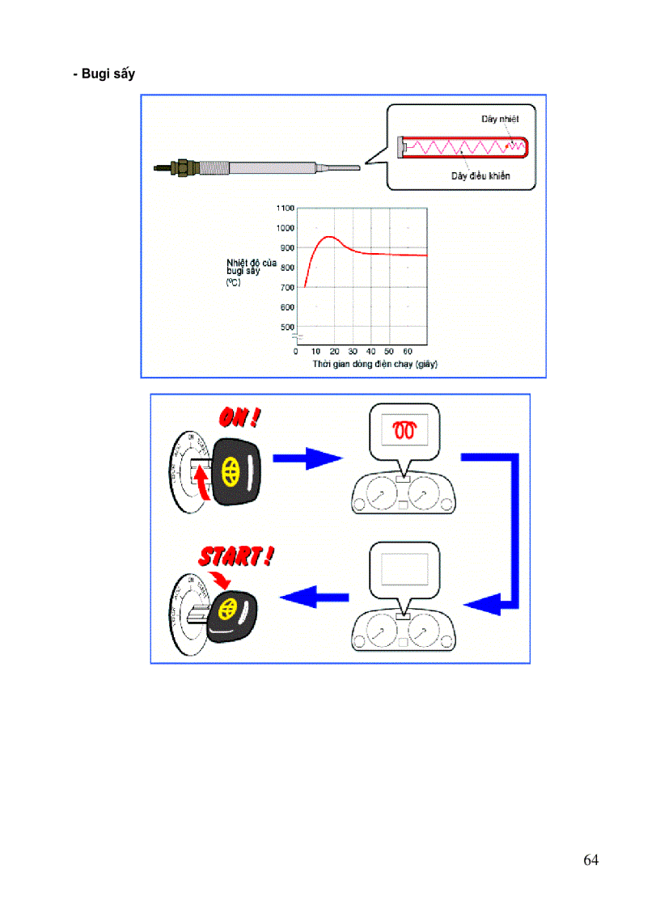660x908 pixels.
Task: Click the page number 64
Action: [x=590, y=859]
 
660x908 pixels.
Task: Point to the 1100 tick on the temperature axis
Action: [x=286, y=208]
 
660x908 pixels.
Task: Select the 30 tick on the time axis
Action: [x=353, y=352]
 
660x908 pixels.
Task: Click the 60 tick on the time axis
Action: [x=408, y=352]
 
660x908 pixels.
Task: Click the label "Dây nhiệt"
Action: [x=499, y=119]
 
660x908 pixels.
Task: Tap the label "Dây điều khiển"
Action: [x=480, y=175]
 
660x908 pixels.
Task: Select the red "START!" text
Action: [x=236, y=557]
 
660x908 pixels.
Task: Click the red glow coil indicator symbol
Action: [x=404, y=431]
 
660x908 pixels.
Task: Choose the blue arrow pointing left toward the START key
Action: [x=314, y=598]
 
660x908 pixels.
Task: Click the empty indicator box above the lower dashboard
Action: [x=404, y=569]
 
